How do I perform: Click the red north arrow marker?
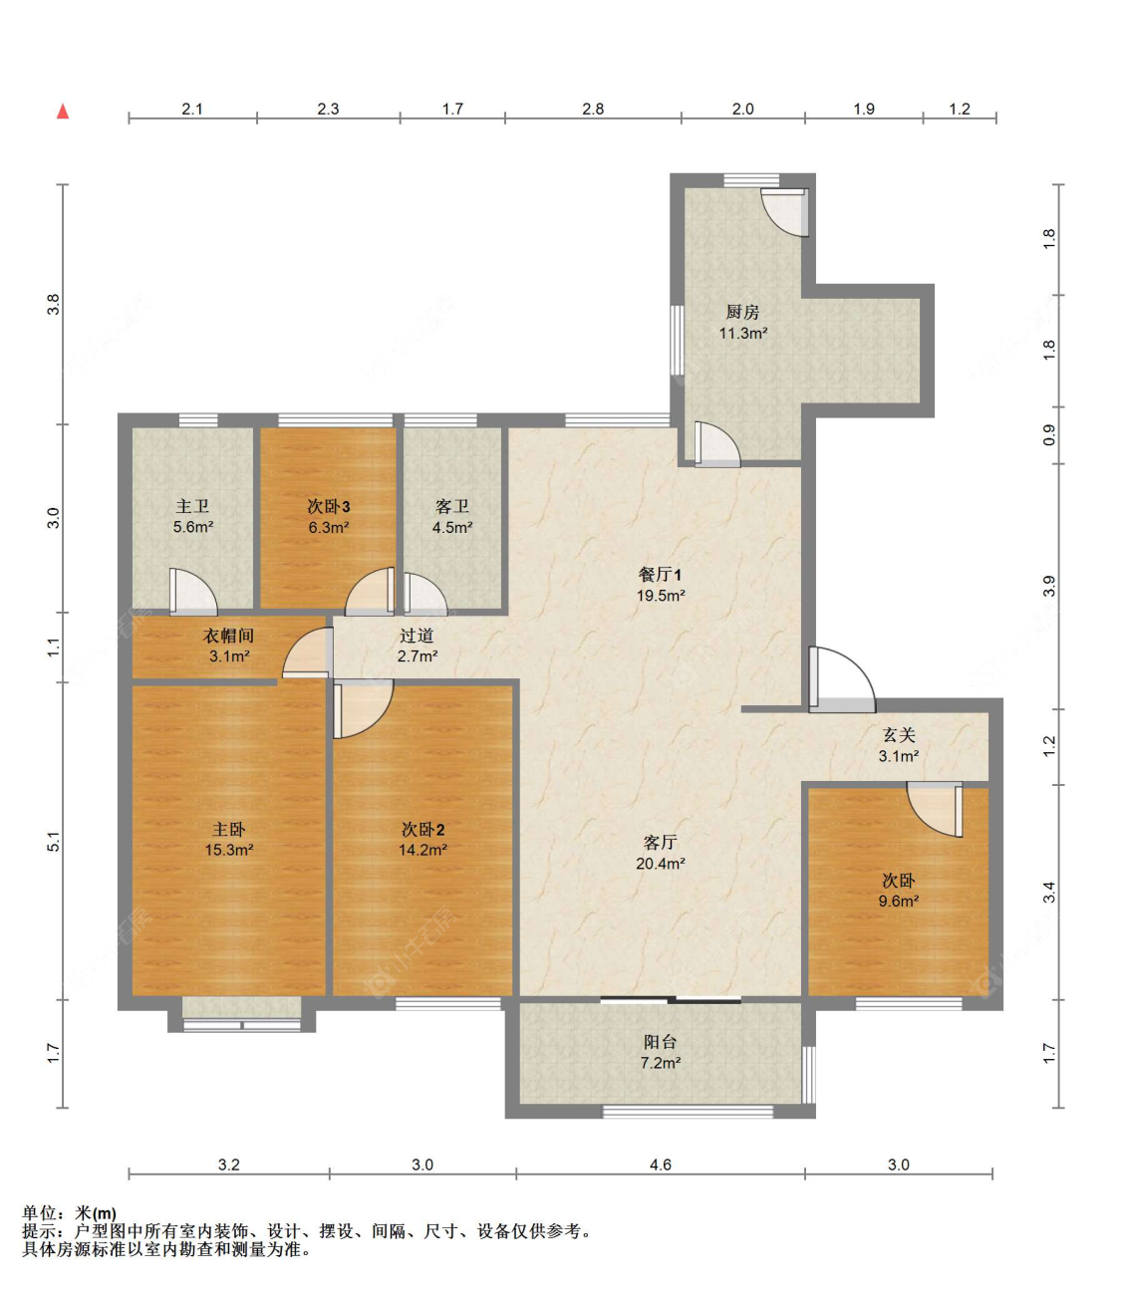point(63,111)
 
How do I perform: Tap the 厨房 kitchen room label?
point(742,312)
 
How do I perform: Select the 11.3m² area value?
point(742,334)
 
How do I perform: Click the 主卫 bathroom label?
point(192,506)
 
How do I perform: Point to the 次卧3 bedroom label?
point(328,506)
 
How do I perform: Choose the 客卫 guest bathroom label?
point(451,506)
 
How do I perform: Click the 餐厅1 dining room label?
point(660,574)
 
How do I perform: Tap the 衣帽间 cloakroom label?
point(228,636)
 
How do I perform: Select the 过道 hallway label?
point(417,636)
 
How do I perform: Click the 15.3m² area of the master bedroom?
point(228,851)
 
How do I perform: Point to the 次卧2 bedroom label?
point(422,829)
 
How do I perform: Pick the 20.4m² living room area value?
point(660,864)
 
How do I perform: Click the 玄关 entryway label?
point(898,734)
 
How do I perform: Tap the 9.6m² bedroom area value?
point(898,902)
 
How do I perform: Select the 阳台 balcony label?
point(660,1041)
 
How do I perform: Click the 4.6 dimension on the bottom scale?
point(660,1164)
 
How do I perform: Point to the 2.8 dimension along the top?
point(593,109)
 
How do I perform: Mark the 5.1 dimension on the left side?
point(54,841)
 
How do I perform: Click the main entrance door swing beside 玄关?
point(841,680)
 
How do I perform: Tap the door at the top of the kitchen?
point(785,211)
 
